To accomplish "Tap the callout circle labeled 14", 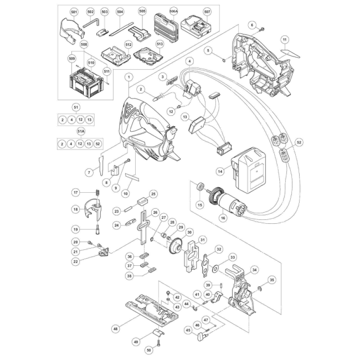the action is point(220,171).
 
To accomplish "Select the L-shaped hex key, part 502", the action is point(91,23).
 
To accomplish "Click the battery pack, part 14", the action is point(249,169).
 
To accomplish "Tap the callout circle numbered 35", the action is point(272,280).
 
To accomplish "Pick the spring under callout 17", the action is point(97,193).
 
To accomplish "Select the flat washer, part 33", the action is point(215,268).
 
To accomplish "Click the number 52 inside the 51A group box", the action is point(98,144).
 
